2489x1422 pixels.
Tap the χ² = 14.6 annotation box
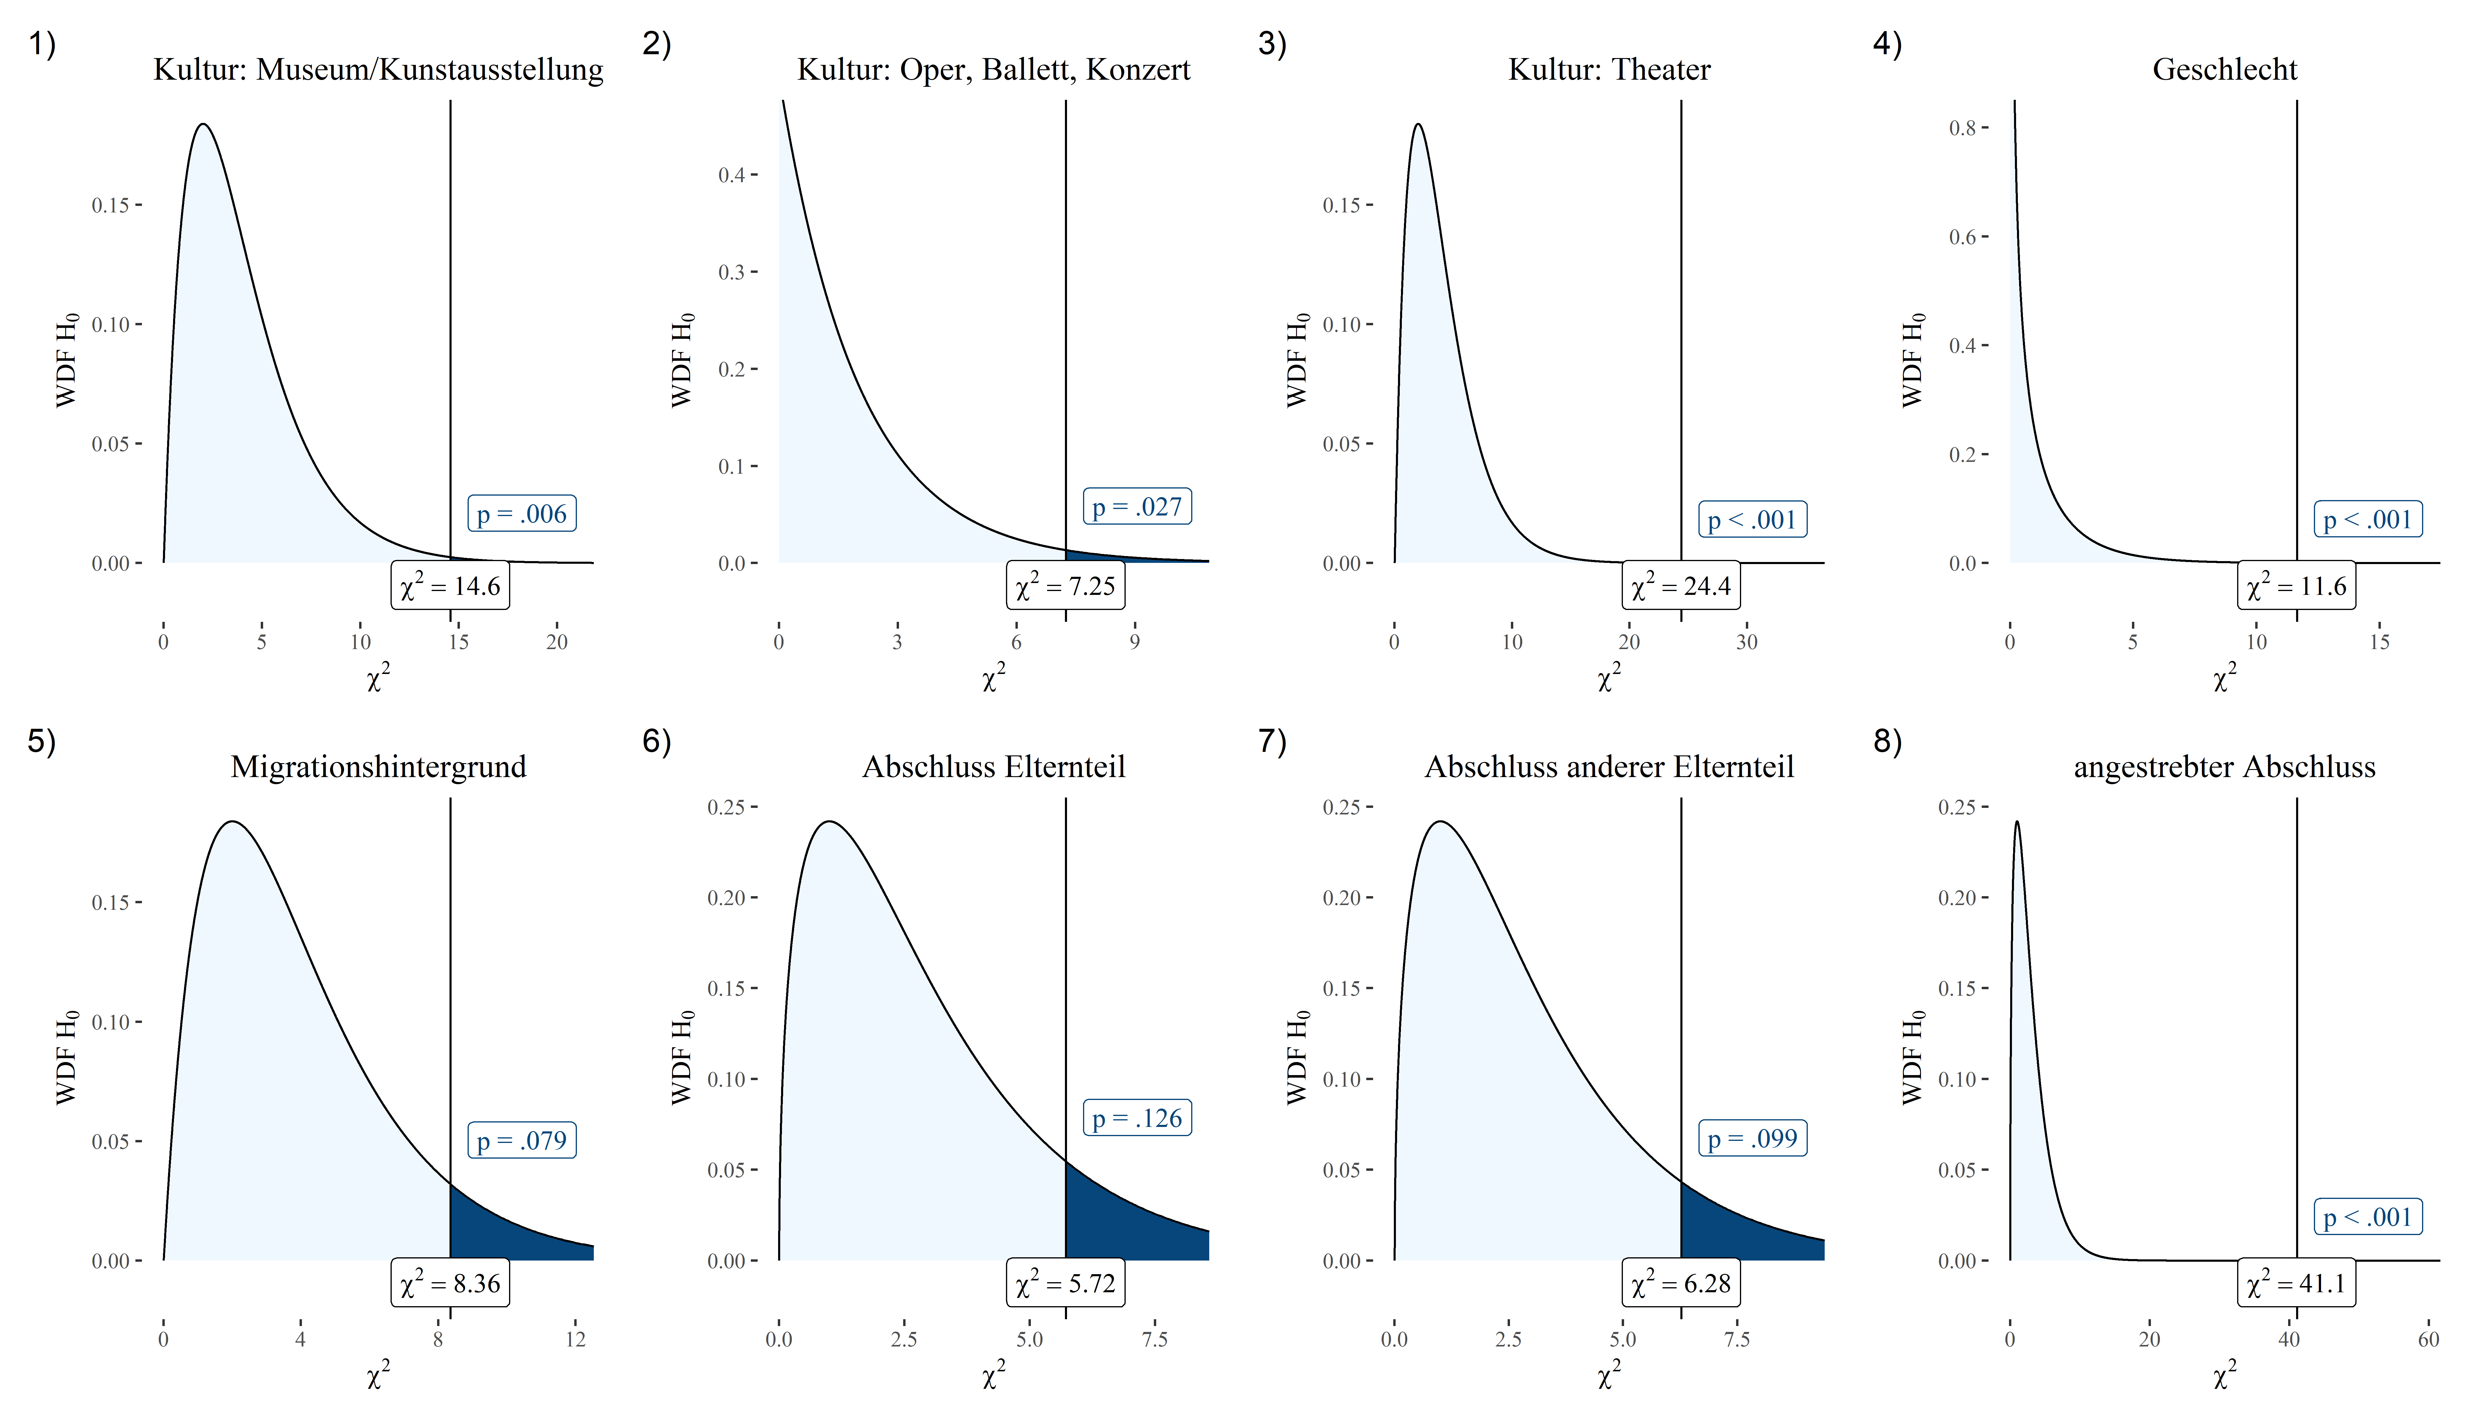pos(450,586)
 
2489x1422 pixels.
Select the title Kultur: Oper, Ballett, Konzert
pos(994,69)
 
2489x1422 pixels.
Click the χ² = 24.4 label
pos(1681,586)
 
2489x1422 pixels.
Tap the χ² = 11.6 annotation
pos(2297,586)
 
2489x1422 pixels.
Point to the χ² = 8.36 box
pos(450,1283)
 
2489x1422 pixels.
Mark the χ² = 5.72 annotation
pos(1066,1283)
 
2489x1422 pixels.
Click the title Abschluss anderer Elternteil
pos(1609,767)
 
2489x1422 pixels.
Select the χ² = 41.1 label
pos(2297,1283)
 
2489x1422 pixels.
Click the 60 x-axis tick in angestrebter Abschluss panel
pos(2429,1339)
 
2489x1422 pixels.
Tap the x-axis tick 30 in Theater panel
pos(1747,642)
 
